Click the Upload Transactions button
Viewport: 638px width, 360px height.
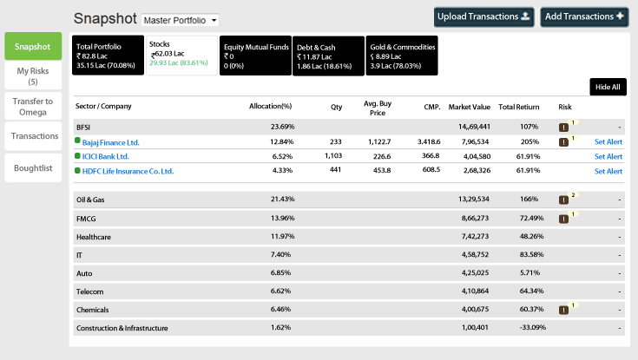(483, 16)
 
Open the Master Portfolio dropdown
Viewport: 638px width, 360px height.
(180, 19)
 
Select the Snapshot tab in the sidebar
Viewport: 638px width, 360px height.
(33, 46)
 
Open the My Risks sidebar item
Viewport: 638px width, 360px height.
(33, 75)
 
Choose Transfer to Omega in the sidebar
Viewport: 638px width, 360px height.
(33, 106)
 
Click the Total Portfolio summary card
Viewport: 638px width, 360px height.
(109, 55)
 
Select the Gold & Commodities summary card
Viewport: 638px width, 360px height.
(401, 55)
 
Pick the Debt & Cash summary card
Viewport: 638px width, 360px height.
(328, 55)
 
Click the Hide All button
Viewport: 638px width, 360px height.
(608, 87)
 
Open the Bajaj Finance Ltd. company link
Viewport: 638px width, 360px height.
(110, 141)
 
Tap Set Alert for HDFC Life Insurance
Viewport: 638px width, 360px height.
(608, 171)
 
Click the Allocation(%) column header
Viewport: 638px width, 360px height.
(270, 107)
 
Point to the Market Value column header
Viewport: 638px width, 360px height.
(470, 107)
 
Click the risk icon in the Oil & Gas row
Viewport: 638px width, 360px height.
(563, 199)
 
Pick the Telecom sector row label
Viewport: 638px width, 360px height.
(90, 291)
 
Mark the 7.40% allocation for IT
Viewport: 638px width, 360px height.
(283, 254)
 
